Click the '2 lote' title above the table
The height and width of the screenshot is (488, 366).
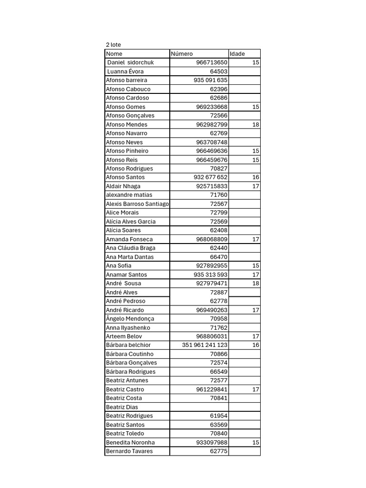pos(113,45)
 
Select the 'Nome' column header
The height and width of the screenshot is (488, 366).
pos(114,54)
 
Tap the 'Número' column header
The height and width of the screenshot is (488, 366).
pos(182,54)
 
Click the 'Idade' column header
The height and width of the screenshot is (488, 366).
pos(237,54)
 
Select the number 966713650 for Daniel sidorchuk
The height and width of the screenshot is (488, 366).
pos(212,62)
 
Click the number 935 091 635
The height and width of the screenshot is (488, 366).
pos(211,80)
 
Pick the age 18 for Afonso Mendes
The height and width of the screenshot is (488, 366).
pos(256,124)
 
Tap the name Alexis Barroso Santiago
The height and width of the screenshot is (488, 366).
pos(137,204)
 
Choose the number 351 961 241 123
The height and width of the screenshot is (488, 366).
pos(205,345)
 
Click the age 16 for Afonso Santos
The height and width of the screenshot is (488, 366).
pos(256,177)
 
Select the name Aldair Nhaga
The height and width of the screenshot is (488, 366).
pos(123,186)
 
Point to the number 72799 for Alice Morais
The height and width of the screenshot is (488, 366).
pos(219,213)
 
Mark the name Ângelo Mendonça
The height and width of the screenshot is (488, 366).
pos(130,319)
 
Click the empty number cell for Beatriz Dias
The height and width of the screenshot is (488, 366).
pos(199,407)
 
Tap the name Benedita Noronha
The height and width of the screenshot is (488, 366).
pos(130,442)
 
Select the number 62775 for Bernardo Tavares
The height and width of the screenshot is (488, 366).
pos(219,451)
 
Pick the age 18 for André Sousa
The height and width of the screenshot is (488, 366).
pos(256,284)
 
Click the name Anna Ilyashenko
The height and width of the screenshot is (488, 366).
pos(128,328)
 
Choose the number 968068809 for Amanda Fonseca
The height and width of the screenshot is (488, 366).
pos(212,239)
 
